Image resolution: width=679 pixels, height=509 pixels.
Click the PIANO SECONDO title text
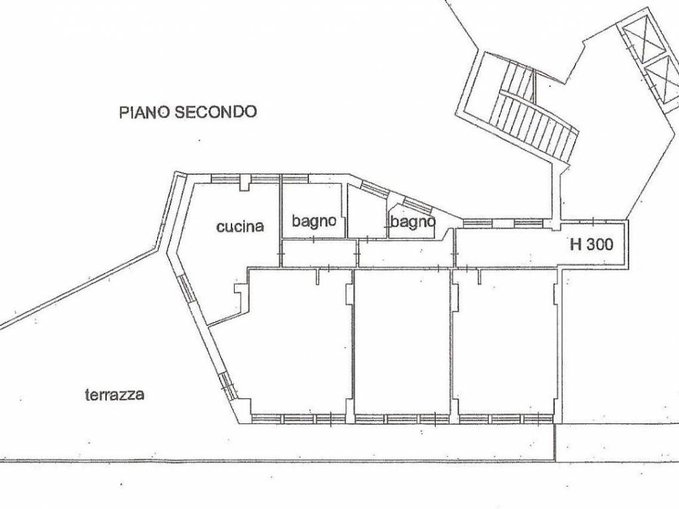pos(188,112)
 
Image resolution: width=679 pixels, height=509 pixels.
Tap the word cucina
pos(240,227)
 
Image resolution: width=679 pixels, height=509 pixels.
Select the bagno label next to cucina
pos(314,221)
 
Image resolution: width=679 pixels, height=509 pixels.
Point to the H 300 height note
pos(591,245)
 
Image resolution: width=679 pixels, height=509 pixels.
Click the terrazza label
pos(115,395)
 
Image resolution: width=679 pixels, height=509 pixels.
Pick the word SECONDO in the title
pos(216,112)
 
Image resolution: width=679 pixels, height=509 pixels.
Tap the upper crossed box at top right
pos(642,39)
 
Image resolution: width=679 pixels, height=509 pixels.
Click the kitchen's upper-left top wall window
pos(225,178)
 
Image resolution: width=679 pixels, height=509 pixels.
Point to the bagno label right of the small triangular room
pos(412,221)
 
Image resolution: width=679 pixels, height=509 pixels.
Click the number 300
pos(599,245)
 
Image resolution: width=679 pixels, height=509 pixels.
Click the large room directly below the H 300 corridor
pos(505,342)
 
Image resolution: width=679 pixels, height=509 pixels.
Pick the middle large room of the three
pos(402,342)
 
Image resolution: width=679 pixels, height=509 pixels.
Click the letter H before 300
pos(576,245)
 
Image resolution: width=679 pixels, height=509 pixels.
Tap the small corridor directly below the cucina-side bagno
pos(320,254)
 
